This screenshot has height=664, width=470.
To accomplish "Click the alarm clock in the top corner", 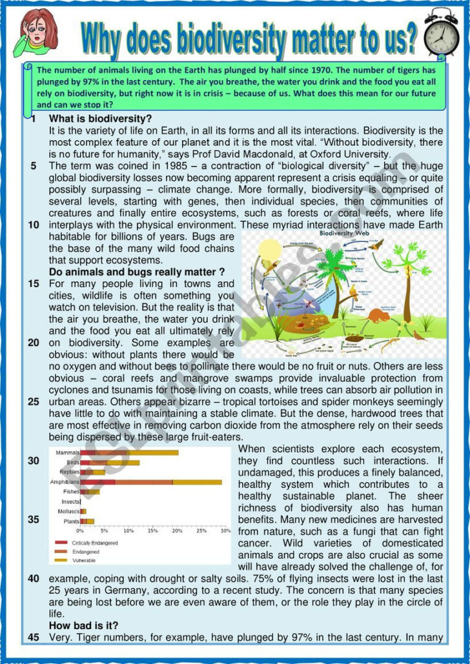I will click(x=442, y=33).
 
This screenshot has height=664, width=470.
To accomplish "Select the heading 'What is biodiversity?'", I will click(x=100, y=119).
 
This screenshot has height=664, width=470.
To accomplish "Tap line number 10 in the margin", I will click(x=34, y=225).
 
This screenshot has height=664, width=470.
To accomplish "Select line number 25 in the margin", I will click(x=34, y=401).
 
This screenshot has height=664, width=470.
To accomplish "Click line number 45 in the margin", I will click(x=34, y=638).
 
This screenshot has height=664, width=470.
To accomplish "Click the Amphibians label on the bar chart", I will click(x=65, y=482).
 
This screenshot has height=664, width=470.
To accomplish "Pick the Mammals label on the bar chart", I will click(x=68, y=452).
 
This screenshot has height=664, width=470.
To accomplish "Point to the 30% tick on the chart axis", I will click(x=225, y=531).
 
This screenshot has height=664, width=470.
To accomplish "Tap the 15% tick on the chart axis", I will click(x=153, y=531).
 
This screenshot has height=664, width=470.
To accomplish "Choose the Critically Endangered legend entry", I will click(x=95, y=543).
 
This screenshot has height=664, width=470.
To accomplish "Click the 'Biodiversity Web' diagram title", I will click(x=343, y=233).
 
